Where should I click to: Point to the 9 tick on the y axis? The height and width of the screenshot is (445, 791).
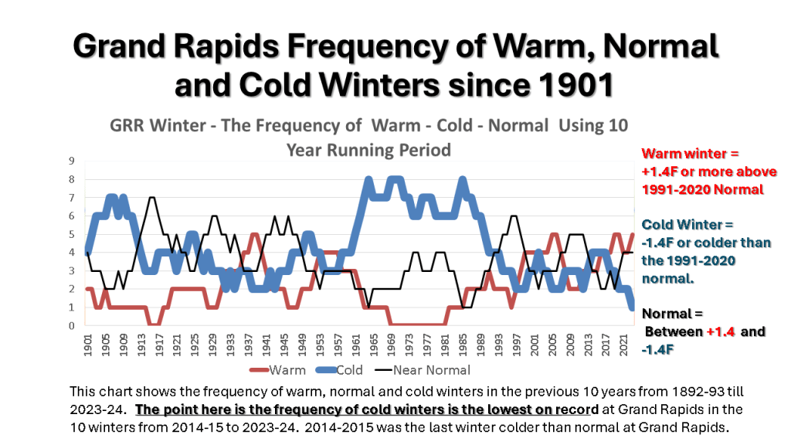pos(71,161)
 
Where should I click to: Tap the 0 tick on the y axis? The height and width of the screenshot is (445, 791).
pos(71,326)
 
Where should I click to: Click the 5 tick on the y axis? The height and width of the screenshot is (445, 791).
pos(71,235)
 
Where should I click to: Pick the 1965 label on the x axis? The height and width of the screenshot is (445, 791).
pos(372,345)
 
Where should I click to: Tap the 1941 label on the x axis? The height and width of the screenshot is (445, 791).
pos(265,345)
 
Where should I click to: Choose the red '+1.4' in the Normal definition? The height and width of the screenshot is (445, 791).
pos(723,332)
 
